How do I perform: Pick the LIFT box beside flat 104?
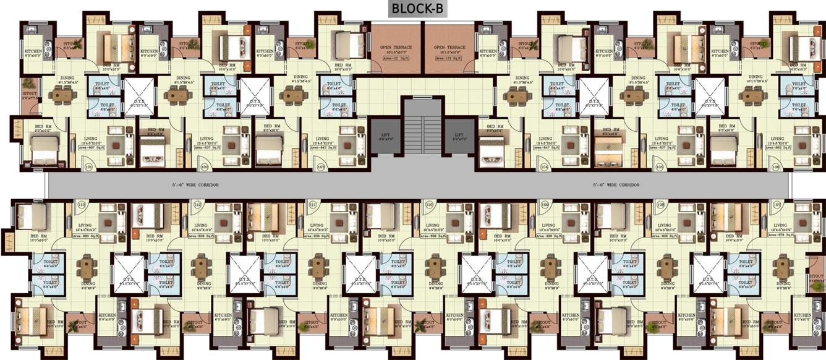point(459,137)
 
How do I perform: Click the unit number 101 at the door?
point(88,168)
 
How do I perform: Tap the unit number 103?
point(321,168)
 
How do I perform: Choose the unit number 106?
point(776,168)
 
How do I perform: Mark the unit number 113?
point(81,205)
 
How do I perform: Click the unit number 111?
point(313,205)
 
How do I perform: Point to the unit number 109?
point(545,205)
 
